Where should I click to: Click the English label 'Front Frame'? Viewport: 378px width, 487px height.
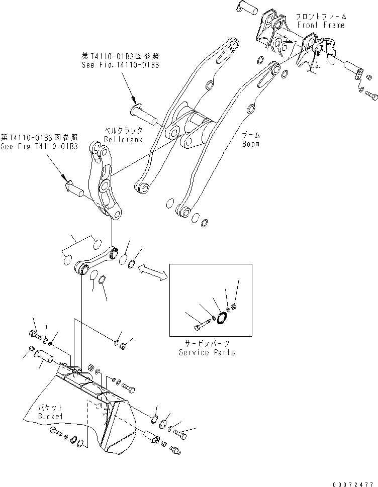pyautogui.click(x=321, y=25)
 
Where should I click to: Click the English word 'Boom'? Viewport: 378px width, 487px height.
pyautogui.click(x=250, y=144)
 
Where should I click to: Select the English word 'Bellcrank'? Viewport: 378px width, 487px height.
pyautogui.click(x=123, y=139)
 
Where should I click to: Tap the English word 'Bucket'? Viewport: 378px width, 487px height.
pyautogui.click(x=51, y=417)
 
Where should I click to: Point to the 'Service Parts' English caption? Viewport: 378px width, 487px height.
pyautogui.click(x=207, y=352)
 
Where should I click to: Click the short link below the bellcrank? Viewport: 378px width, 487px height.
pyautogui.click(x=96, y=259)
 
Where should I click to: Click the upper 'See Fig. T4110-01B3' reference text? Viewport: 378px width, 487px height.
pyautogui.click(x=120, y=65)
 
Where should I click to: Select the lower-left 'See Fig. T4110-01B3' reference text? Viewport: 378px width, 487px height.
pyautogui.click(x=39, y=146)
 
